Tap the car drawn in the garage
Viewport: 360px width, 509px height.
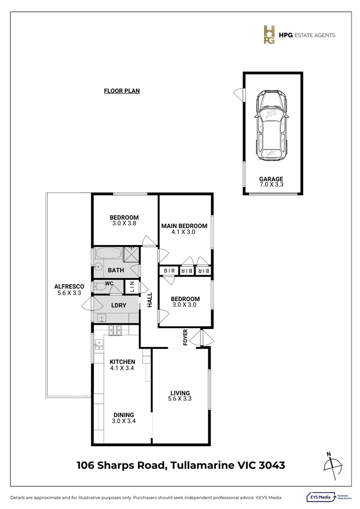pos(269,125)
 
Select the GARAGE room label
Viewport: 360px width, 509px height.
pos(271,179)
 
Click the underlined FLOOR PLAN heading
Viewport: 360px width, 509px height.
pos(122,91)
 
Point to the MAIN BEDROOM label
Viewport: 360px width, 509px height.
pos(184,226)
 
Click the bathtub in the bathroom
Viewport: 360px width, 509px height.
pos(108,254)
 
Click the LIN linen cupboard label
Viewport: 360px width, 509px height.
pos(132,286)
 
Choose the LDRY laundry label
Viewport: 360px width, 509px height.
pos(118,305)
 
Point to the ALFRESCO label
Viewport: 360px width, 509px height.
pos(69,286)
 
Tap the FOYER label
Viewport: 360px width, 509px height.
pos(185,337)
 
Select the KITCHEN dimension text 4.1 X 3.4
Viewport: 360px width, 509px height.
pos(123,368)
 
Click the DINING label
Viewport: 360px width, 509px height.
pos(123,415)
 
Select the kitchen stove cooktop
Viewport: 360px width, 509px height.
pos(115,331)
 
